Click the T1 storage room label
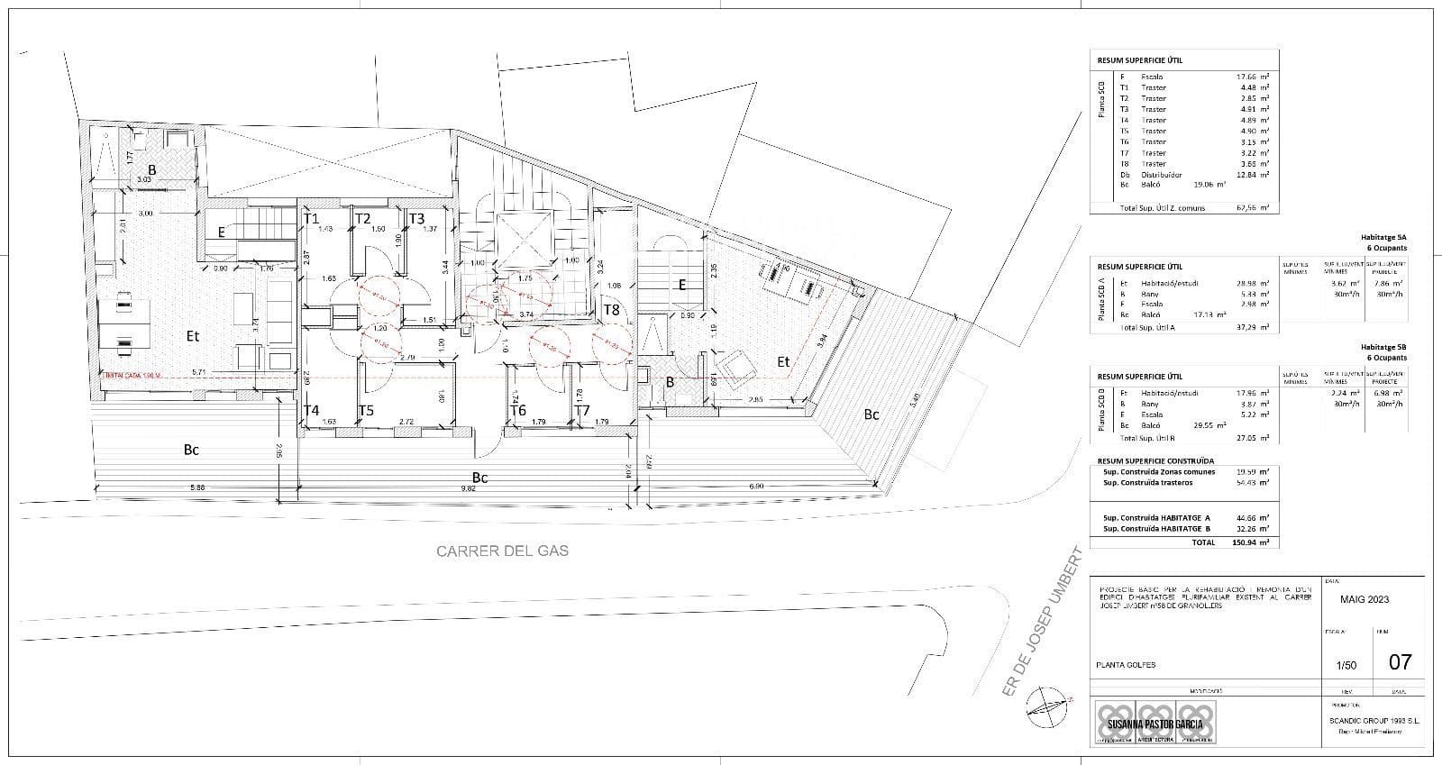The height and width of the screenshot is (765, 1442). [x=312, y=218]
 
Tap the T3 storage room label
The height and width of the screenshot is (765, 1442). [x=416, y=218]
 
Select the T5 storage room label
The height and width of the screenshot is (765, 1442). [x=366, y=411]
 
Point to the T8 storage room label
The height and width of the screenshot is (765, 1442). [x=611, y=310]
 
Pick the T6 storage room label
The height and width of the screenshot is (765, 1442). [x=517, y=411]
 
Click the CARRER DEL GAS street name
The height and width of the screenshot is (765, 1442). [x=502, y=551]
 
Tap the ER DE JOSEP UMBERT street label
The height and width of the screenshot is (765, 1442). [x=1040, y=622]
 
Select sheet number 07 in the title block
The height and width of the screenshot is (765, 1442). [x=1400, y=662]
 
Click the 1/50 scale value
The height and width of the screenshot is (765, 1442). [x=1346, y=666]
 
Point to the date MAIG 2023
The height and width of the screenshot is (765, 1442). [x=1364, y=599]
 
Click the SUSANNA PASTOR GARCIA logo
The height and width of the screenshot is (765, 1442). [x=1154, y=723]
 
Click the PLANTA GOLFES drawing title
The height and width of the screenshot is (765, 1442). [x=1125, y=665]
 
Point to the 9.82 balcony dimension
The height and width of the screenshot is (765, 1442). [x=466, y=488]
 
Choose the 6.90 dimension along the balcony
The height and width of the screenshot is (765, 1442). [x=756, y=487]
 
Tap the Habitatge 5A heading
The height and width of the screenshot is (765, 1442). [x=1383, y=237]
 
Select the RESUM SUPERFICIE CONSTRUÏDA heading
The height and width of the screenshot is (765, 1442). [x=1155, y=460]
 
